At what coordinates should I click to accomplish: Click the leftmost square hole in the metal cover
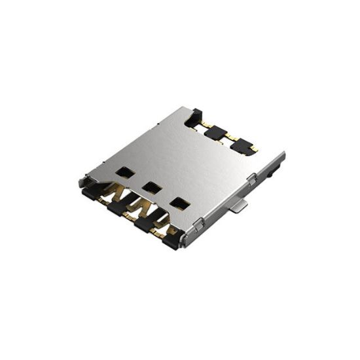122,172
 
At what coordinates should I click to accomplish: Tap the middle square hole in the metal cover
152,187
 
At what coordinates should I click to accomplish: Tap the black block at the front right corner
170,242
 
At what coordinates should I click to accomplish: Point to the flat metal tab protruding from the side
240,207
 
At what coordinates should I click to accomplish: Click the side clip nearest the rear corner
252,178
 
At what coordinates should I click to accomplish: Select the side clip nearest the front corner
199,225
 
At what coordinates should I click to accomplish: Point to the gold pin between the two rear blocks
228,138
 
